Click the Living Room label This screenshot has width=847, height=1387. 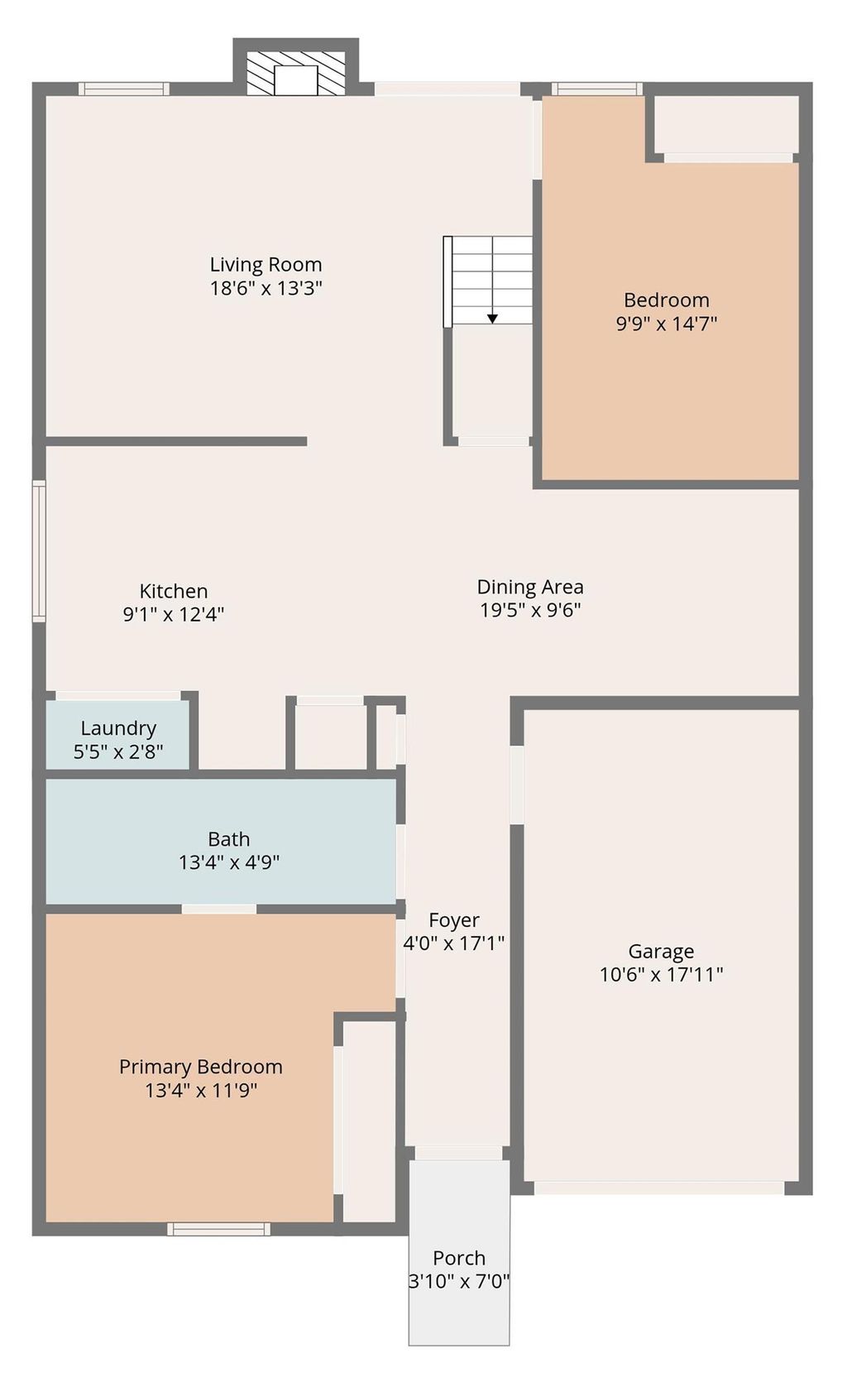coord(266,265)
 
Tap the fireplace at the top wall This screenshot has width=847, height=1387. coord(296,73)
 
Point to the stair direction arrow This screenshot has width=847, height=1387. coord(492,318)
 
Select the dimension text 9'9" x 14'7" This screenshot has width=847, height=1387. coord(666,324)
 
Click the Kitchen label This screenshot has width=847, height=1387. coord(174,591)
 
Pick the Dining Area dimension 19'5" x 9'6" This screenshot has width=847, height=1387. coord(530,611)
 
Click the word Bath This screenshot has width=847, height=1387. coord(228,839)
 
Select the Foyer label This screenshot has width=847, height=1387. coord(454,920)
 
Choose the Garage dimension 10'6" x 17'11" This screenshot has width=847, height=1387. coord(661,975)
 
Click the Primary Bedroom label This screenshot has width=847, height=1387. coord(201,1067)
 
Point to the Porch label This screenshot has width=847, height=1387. coord(459,1258)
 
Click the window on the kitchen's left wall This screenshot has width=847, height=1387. coord(39,550)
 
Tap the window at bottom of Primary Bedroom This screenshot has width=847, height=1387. coord(218,1229)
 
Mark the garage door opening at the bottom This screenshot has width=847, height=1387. coord(658,1188)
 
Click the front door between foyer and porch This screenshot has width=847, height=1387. coord(458,1153)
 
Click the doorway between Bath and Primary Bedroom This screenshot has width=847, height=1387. coord(218,909)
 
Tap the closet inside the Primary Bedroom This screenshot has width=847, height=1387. coord(369,1121)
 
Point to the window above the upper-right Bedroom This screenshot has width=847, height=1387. coord(596,89)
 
